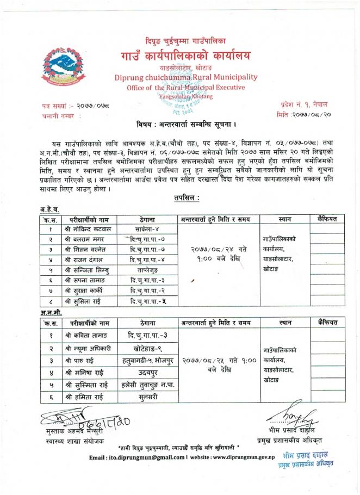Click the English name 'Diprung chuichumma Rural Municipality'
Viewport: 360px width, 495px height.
[185, 77]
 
